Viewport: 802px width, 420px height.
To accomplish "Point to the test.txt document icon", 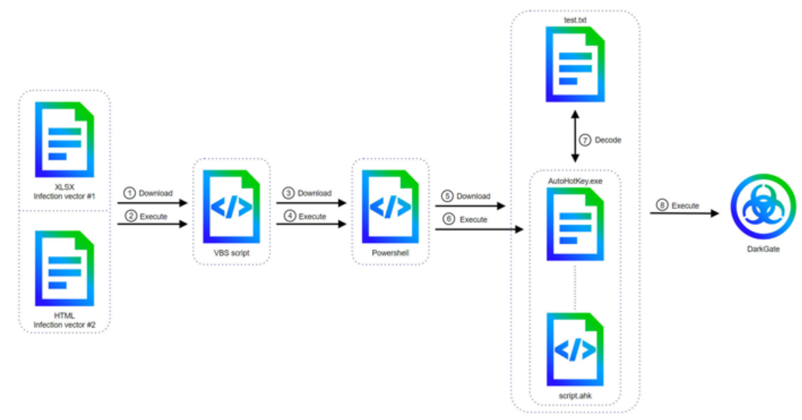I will point(575,65).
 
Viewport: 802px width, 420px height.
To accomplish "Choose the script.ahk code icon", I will point(575,349).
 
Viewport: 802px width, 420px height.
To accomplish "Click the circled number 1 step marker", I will point(129,193).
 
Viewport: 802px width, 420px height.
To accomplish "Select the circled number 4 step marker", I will point(287,216).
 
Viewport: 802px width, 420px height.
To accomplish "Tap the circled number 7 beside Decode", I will point(584,140).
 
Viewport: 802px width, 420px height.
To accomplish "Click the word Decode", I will point(609,140).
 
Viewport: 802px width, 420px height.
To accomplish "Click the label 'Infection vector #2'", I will point(64,325).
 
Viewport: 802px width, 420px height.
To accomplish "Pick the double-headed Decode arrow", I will point(576,136).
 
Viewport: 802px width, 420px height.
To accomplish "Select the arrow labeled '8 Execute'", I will point(683,214).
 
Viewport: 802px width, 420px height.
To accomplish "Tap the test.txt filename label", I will point(575,20).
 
